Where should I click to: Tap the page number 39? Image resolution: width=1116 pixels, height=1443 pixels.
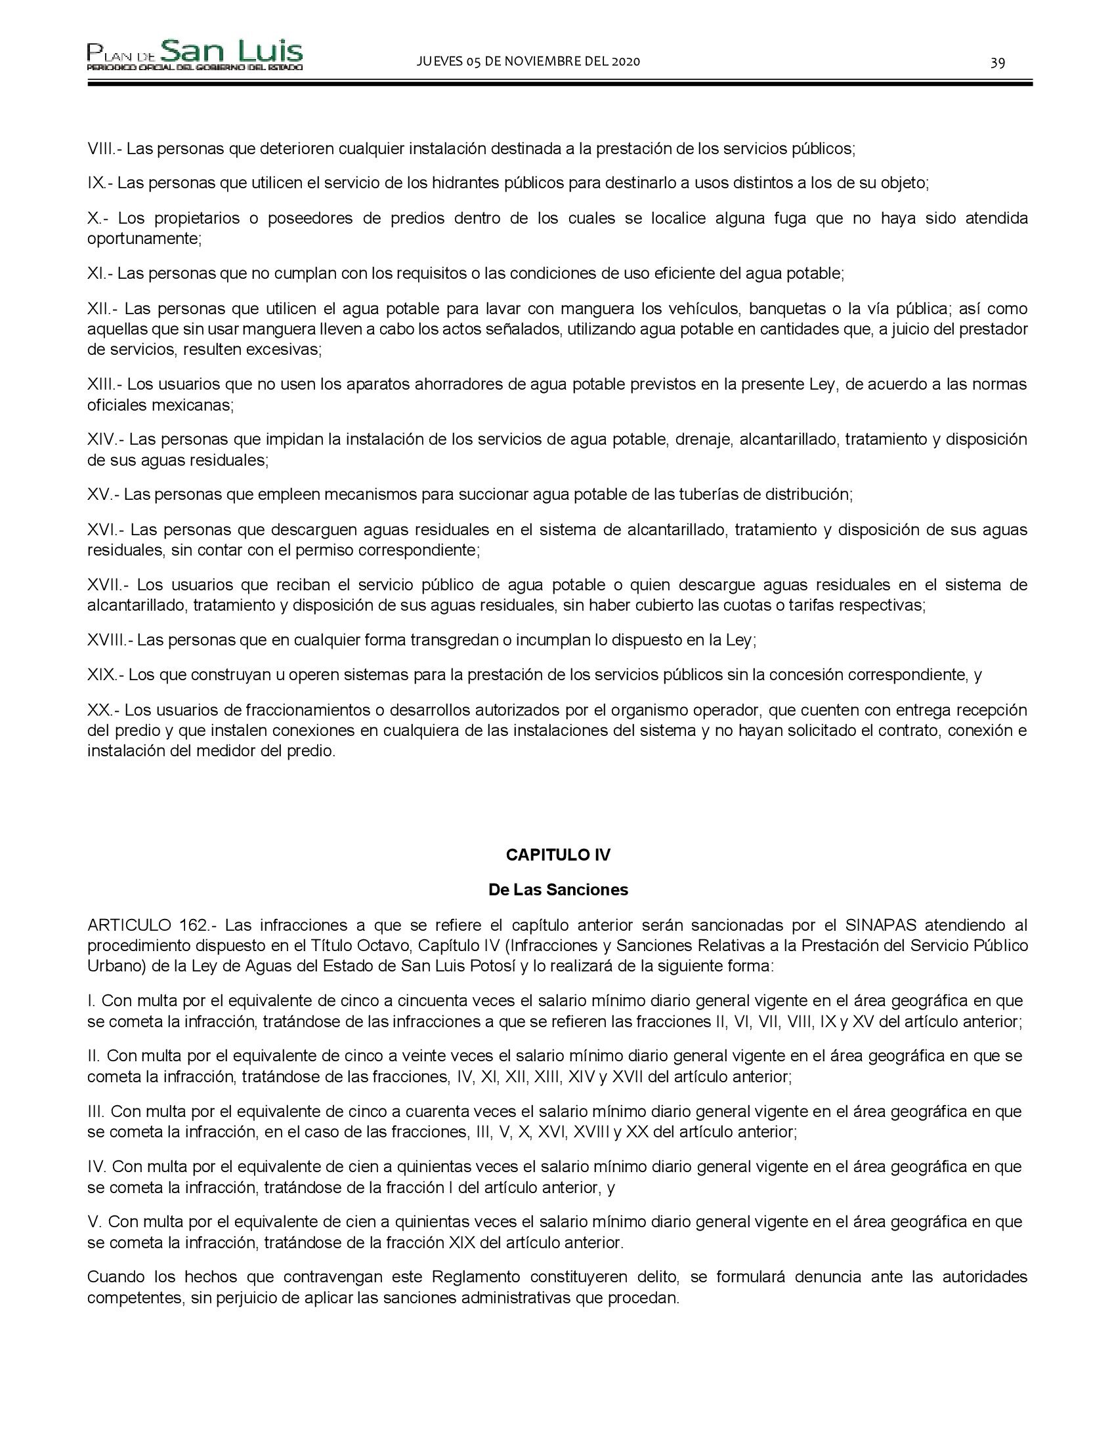click(x=998, y=63)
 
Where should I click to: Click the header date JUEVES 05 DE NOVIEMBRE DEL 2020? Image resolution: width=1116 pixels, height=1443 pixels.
click(x=528, y=62)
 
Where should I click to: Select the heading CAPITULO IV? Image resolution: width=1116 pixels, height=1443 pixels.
click(x=558, y=855)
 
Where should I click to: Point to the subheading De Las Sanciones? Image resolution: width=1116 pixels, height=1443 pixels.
click(x=558, y=890)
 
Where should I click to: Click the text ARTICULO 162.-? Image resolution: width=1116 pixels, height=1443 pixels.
click(x=152, y=925)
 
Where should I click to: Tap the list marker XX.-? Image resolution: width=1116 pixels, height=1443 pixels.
click(x=103, y=710)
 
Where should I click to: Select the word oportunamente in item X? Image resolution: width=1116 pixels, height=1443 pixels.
click(x=144, y=239)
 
